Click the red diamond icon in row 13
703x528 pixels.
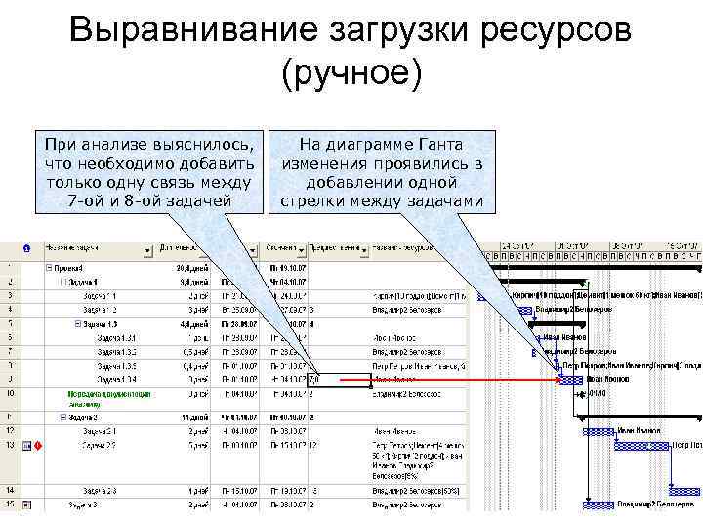[x=37, y=447]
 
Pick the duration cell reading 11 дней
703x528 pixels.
[x=189, y=416]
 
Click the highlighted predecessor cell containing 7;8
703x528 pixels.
[x=338, y=379]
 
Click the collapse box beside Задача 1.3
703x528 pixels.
[x=78, y=324]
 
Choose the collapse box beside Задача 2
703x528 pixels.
[x=62, y=416]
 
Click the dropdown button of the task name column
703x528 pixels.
[x=147, y=250]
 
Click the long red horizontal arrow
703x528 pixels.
[x=459, y=379]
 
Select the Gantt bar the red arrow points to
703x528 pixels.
[x=570, y=380]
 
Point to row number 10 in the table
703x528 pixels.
[x=9, y=393]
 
